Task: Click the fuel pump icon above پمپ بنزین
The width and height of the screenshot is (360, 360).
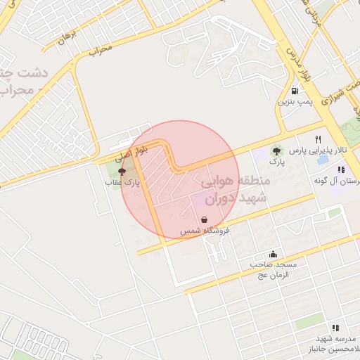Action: (x=294, y=91)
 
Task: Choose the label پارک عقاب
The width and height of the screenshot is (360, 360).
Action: (x=124, y=182)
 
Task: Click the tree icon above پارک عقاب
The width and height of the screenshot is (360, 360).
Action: (x=122, y=171)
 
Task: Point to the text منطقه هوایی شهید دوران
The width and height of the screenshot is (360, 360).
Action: (x=235, y=189)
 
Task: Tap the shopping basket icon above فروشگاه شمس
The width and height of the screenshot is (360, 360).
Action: (x=204, y=219)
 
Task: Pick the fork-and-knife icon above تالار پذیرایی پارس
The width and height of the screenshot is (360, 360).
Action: (x=319, y=139)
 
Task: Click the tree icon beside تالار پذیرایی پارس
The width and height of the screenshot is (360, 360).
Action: (x=276, y=150)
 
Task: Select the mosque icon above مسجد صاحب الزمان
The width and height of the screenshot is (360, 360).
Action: (x=273, y=254)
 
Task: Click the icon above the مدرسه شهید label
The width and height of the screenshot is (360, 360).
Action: (x=335, y=328)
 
